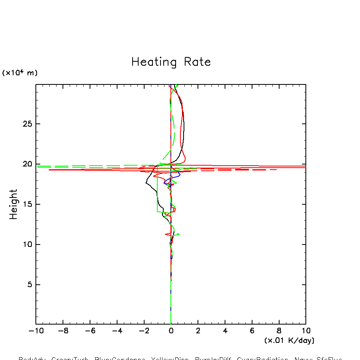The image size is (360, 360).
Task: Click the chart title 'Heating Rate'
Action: (x=171, y=62)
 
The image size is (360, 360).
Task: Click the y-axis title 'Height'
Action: (x=14, y=204)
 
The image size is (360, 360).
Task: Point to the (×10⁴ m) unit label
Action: (x=20, y=73)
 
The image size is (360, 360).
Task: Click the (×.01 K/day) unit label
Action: (x=289, y=340)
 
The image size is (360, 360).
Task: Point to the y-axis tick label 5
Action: (x=29, y=285)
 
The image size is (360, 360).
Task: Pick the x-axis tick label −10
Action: (x=36, y=331)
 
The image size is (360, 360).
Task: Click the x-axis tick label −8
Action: (x=63, y=331)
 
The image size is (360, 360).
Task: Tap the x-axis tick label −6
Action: (x=90, y=331)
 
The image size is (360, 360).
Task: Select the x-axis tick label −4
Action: (x=117, y=331)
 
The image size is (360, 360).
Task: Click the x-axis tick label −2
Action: (x=144, y=331)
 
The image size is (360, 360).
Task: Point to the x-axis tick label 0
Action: (x=171, y=331)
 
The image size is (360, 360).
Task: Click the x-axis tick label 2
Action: (x=198, y=331)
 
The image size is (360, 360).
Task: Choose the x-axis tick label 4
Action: (x=225, y=331)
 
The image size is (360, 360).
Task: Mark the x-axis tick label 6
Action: (x=252, y=331)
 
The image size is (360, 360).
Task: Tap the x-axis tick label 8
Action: (x=279, y=331)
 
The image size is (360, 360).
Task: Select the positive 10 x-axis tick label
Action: (x=306, y=331)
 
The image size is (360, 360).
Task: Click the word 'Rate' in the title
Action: (x=198, y=62)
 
